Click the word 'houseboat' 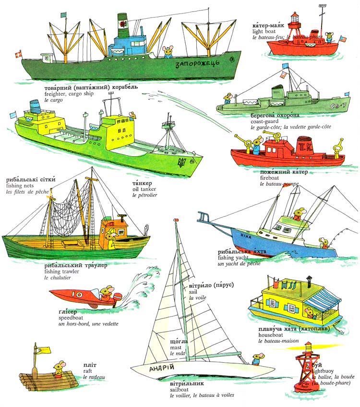coord(272,335)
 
